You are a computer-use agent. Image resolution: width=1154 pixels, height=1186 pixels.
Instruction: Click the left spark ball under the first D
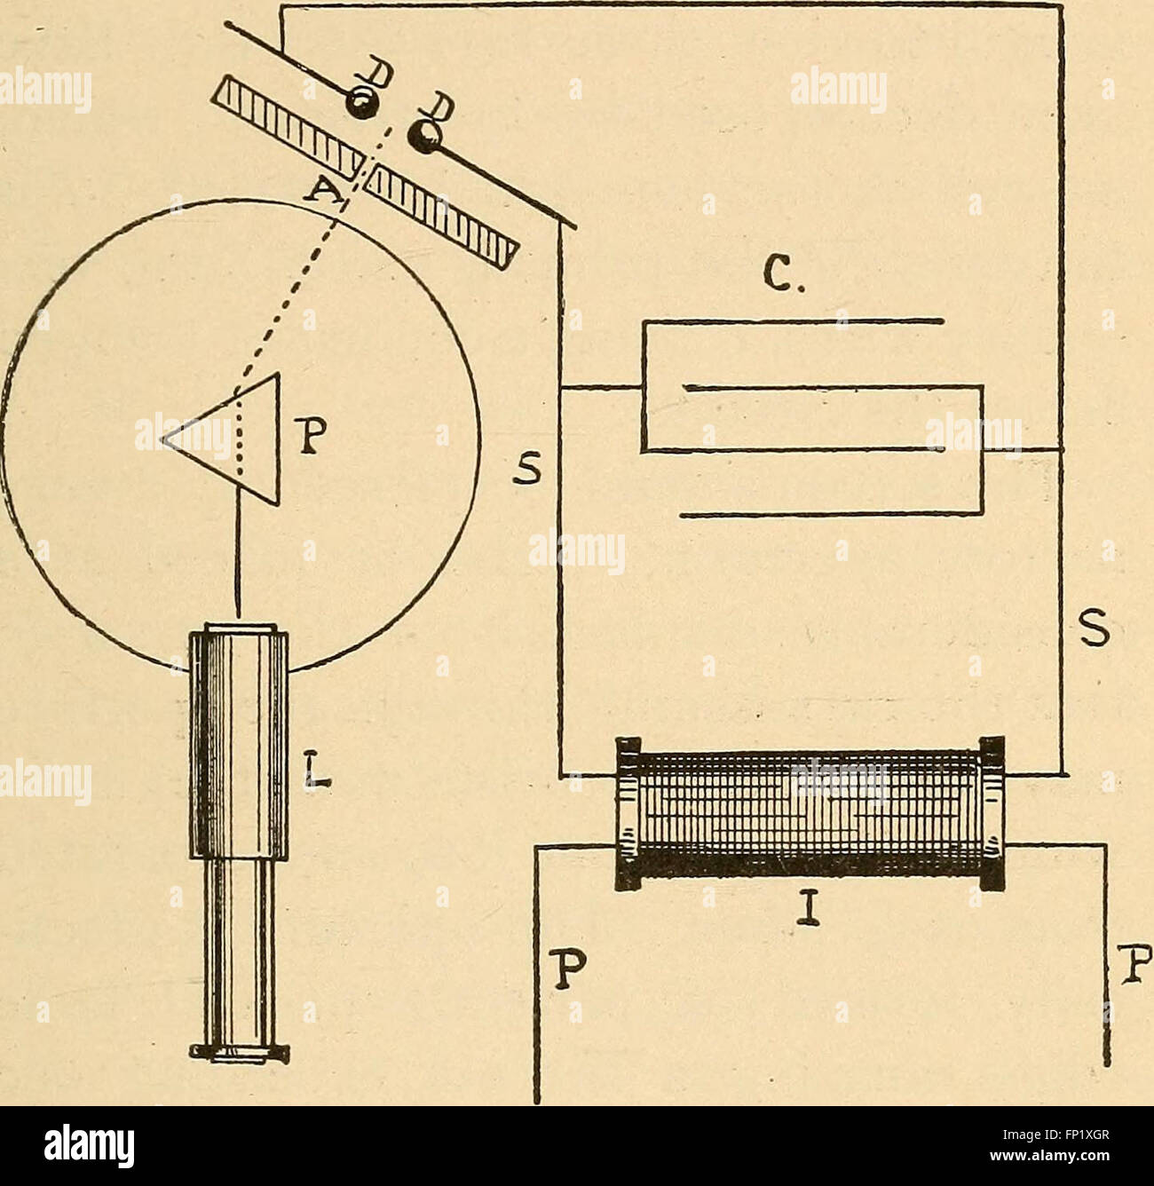click(x=360, y=105)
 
